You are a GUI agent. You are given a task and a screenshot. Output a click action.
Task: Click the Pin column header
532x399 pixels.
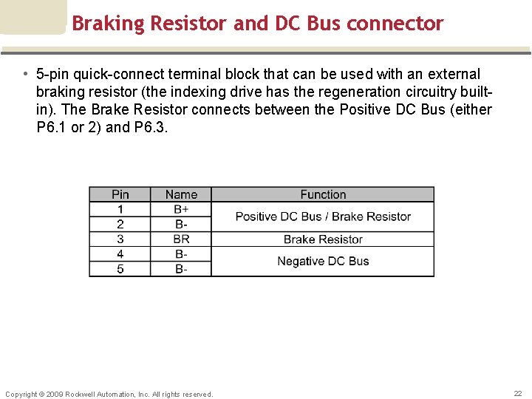click(x=120, y=194)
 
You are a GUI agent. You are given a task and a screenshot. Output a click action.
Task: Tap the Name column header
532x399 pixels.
click(x=181, y=194)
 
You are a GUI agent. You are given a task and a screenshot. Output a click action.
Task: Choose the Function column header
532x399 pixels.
click(x=323, y=194)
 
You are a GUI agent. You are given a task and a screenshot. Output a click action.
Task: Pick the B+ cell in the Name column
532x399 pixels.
click(x=181, y=209)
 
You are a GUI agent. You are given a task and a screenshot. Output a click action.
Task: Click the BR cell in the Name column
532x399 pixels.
click(x=181, y=239)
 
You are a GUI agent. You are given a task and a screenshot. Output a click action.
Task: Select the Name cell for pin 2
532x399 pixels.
click(x=181, y=224)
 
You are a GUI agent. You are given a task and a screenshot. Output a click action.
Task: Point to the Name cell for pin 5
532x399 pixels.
click(x=181, y=269)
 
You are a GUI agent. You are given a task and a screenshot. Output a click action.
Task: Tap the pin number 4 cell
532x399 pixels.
click(x=120, y=254)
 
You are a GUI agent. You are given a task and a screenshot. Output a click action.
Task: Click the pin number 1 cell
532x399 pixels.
click(x=120, y=209)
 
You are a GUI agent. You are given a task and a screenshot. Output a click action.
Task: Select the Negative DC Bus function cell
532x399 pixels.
click(x=323, y=262)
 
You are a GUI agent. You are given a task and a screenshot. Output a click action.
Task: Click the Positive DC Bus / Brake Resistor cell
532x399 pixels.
click(x=323, y=216)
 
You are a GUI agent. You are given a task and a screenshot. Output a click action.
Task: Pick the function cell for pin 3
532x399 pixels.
click(x=323, y=239)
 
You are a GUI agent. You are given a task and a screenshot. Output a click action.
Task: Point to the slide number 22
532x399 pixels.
click(x=518, y=394)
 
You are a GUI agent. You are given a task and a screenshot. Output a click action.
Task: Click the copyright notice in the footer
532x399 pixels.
click(x=109, y=394)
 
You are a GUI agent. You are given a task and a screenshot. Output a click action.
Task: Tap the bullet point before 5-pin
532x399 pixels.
click(x=25, y=75)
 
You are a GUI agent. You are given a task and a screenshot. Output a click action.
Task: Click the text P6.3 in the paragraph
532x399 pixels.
click(x=151, y=128)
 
